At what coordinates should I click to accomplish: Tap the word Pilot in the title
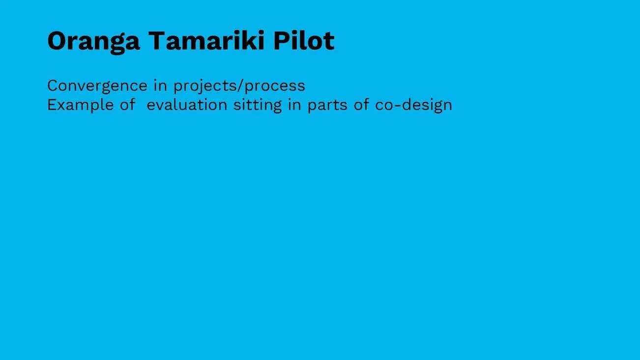click(304, 40)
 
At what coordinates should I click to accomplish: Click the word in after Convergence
click(160, 86)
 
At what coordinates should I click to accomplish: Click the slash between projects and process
click(240, 86)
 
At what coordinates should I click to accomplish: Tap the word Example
click(82, 105)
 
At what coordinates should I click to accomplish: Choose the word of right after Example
click(128, 105)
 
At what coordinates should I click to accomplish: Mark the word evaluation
click(187, 105)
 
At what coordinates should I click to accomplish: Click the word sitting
click(257, 105)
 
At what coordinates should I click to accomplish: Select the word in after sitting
click(294, 105)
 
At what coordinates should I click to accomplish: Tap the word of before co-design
click(361, 105)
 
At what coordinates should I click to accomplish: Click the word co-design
click(413, 105)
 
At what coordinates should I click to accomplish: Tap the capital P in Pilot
click(282, 40)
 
